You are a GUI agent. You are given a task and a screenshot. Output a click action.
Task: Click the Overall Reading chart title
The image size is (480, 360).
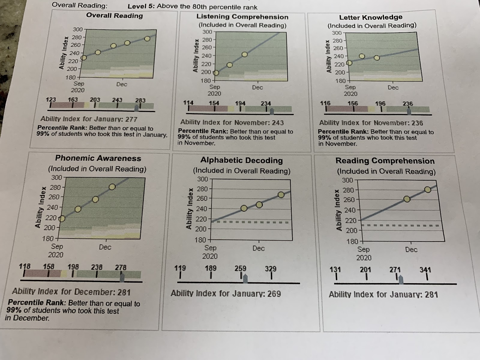coord(114,16)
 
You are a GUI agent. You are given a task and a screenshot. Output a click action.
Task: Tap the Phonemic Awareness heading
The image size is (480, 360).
coord(98,158)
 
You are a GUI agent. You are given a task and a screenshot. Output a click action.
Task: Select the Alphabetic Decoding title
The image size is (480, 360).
coord(241,160)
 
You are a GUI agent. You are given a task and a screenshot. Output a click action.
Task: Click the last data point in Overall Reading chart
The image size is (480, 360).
coord(147,39)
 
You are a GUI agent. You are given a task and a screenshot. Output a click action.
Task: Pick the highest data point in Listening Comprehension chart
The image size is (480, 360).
coord(244,55)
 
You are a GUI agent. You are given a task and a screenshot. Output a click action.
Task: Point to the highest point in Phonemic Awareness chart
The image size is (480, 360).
coord(112,187)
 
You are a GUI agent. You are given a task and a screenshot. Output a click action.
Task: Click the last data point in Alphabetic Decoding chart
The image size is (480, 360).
coord(281,195)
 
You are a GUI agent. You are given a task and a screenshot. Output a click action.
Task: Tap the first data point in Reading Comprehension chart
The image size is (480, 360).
coord(407,199)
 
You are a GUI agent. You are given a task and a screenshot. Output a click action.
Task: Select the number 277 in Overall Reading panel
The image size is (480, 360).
coord(131,119)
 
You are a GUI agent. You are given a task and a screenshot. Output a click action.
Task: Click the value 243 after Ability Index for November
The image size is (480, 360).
coord(277,123)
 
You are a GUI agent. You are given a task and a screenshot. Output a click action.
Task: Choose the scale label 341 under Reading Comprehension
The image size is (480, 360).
coord(425,270)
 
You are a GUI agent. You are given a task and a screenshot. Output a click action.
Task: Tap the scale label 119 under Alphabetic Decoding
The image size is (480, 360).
coord(180,268)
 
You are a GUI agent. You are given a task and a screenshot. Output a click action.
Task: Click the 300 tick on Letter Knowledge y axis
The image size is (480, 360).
coord(337,33)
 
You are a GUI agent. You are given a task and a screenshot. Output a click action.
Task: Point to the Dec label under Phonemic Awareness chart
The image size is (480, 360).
coord(105,247)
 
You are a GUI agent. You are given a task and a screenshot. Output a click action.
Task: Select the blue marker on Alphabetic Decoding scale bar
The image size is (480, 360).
coord(245,279)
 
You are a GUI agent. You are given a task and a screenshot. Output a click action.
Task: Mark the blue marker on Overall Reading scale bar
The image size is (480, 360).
coord(137,108)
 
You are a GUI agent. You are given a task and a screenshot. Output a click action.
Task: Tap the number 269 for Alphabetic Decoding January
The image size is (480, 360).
coord(274,293)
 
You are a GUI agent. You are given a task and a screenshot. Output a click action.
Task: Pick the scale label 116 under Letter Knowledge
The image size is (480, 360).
coord(325,103)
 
